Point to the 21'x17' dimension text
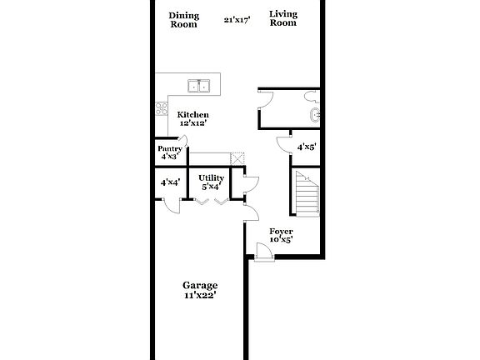click(x=238, y=20)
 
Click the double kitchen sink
click(x=199, y=85)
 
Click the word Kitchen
click(x=192, y=114)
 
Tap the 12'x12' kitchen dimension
click(x=192, y=122)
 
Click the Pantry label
click(x=170, y=148)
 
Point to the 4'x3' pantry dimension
click(x=169, y=156)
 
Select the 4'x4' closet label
click(x=171, y=182)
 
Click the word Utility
click(x=211, y=177)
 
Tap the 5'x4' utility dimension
click(x=210, y=187)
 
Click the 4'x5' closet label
click(x=307, y=147)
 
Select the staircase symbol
click(x=307, y=193)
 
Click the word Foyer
click(x=281, y=231)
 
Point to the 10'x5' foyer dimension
click(x=281, y=240)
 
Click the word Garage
click(x=200, y=286)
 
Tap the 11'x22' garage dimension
click(x=200, y=295)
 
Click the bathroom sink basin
click(x=314, y=115)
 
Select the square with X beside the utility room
click(x=237, y=159)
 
